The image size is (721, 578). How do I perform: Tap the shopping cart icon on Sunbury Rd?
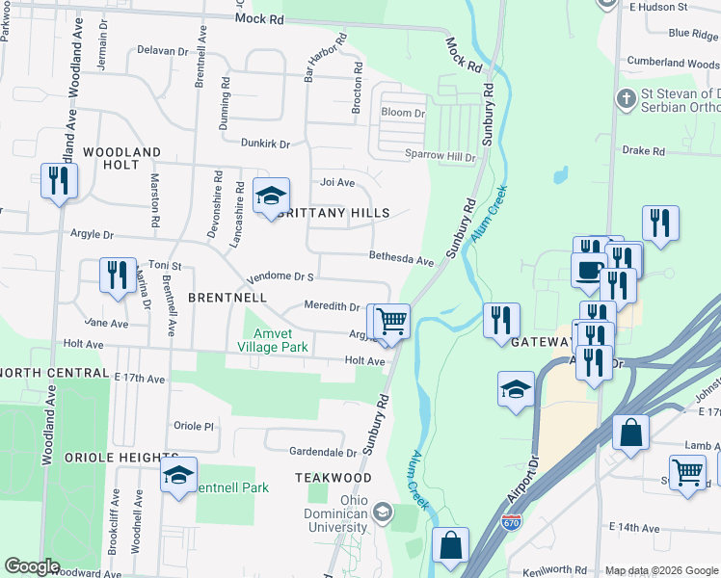point(392,321)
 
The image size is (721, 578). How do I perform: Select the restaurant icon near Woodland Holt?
point(59,180)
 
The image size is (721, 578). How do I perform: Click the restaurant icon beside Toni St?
point(118,274)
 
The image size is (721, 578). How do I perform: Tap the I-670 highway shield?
point(512,522)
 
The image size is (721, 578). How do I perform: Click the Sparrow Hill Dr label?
point(442,156)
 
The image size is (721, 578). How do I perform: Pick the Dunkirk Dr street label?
point(265,144)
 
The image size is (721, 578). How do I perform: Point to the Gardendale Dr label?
point(324,452)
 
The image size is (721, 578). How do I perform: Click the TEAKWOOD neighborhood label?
point(334,478)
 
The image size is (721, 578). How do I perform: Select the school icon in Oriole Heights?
point(178,475)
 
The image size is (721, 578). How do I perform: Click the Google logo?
point(32,567)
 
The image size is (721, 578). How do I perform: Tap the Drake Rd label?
point(644,151)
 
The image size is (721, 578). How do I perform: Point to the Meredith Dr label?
point(332,305)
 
